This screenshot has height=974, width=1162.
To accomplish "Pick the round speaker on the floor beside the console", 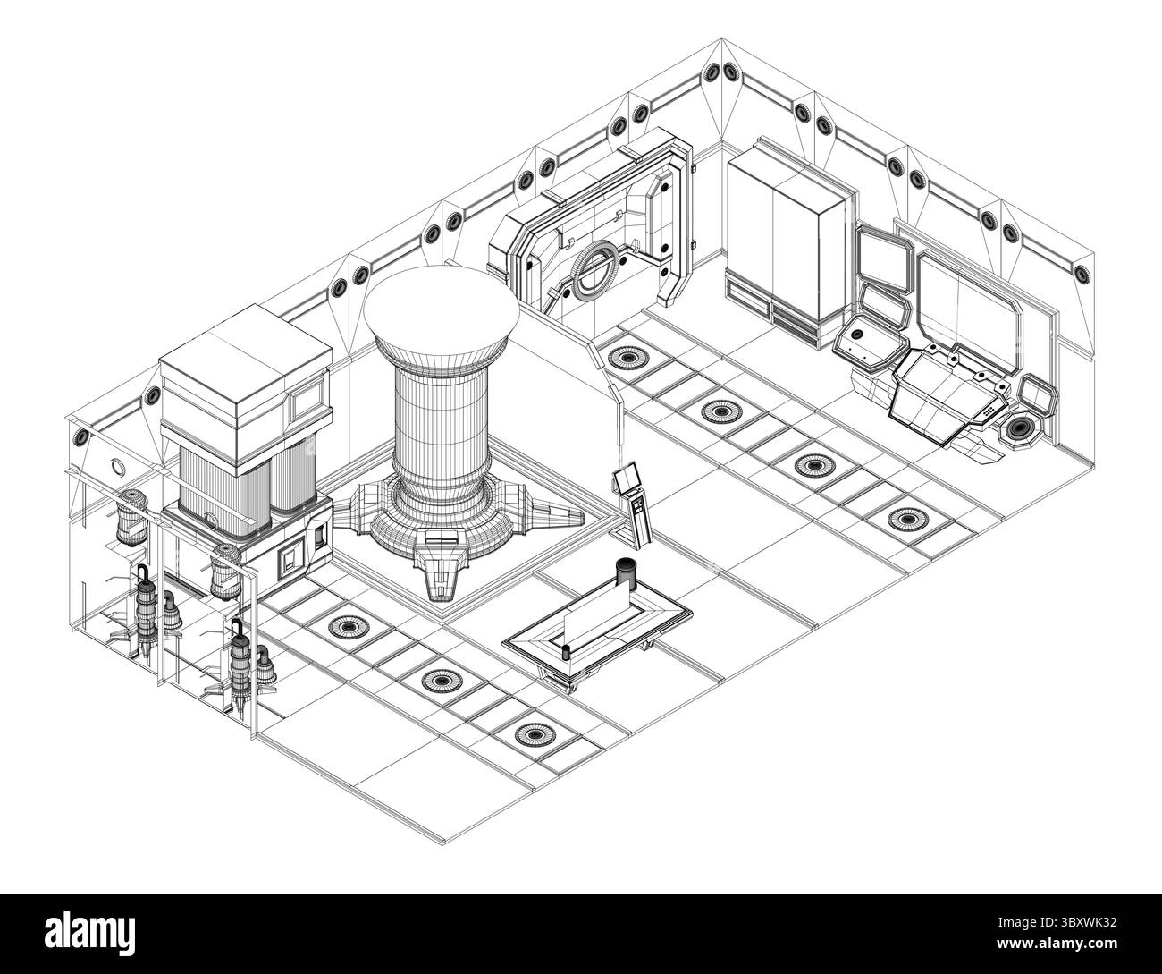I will click(1020, 429).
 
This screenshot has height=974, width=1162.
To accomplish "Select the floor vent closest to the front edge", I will click(535, 735).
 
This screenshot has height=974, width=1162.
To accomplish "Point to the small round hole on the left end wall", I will click(117, 466).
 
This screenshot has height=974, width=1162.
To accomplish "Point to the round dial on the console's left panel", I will click(855, 335).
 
